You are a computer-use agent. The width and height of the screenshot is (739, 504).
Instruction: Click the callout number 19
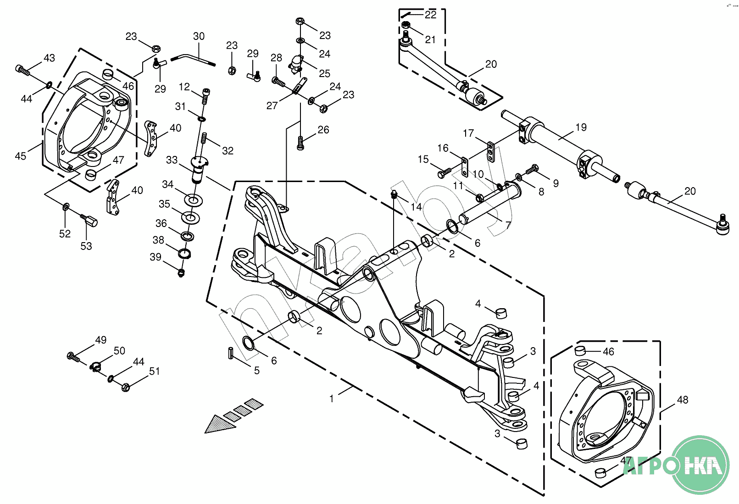(581, 127)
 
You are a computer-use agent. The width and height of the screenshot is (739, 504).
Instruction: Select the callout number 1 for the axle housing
(332, 399)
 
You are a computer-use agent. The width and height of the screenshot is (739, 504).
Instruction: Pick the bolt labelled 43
(22, 70)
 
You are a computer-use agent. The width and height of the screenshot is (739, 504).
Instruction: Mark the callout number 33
(172, 160)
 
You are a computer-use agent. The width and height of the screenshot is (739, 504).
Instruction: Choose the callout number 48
(683, 399)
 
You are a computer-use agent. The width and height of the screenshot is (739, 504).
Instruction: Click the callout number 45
(21, 156)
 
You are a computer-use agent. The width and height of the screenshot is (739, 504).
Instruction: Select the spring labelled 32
(205, 137)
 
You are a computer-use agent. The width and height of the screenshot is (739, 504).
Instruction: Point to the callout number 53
(86, 246)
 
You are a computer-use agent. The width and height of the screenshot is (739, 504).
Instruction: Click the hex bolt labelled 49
(72, 355)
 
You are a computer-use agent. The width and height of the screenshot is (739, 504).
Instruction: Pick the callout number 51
(155, 371)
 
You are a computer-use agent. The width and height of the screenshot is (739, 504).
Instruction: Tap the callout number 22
(430, 15)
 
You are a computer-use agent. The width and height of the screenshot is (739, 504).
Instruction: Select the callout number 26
(323, 130)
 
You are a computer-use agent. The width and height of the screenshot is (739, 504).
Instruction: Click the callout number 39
(156, 257)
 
